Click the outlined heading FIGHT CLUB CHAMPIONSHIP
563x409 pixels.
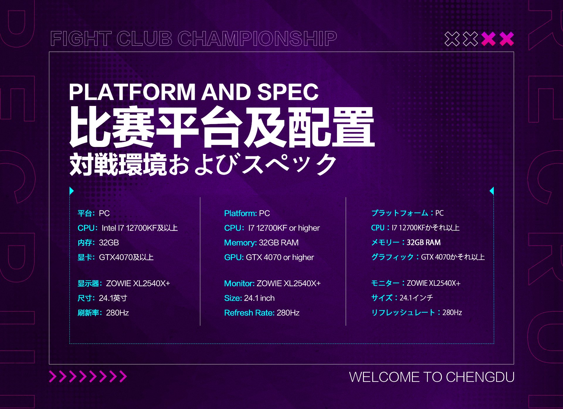(194, 38)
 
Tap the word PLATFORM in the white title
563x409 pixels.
(132, 92)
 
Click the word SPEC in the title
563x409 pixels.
(288, 92)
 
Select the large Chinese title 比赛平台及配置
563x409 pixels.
(222, 127)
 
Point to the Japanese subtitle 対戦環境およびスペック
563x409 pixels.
(203, 164)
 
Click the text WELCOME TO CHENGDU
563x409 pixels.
(432, 377)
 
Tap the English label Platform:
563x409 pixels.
(240, 213)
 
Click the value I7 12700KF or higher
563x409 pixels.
(284, 228)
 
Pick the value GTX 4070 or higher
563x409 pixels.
(280, 257)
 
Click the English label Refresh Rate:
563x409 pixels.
(249, 313)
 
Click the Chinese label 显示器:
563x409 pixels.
(90, 283)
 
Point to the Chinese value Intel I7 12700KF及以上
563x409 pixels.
(140, 228)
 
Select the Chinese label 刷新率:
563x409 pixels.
(90, 313)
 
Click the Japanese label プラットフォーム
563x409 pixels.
(399, 213)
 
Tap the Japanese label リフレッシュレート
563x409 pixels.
(403, 312)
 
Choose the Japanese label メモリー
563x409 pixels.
(385, 242)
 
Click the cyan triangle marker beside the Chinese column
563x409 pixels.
(72, 191)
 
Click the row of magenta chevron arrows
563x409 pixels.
(88, 377)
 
